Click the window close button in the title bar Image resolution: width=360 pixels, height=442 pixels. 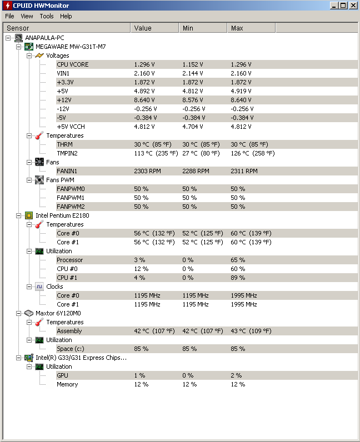click(x=353, y=6)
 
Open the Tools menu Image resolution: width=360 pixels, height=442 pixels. click(x=47, y=16)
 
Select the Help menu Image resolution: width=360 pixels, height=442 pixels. click(x=66, y=16)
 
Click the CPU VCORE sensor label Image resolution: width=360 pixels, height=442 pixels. click(x=73, y=64)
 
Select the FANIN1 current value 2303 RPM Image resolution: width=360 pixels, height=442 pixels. click(x=147, y=171)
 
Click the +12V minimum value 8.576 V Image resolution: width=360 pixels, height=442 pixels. click(x=193, y=100)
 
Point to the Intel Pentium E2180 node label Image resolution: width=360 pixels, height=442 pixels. click(x=62, y=215)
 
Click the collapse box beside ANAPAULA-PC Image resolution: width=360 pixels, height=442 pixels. click(x=8, y=38)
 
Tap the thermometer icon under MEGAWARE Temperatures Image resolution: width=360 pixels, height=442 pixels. click(x=39, y=135)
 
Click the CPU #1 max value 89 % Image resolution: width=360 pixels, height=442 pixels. click(x=238, y=278)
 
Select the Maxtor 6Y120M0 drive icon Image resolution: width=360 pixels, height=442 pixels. click(x=29, y=313)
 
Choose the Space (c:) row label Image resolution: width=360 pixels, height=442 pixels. click(x=71, y=349)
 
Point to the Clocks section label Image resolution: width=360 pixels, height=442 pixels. click(x=54, y=287)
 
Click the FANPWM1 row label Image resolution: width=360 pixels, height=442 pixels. click(x=71, y=198)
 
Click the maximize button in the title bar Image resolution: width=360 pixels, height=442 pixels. click(x=343, y=6)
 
